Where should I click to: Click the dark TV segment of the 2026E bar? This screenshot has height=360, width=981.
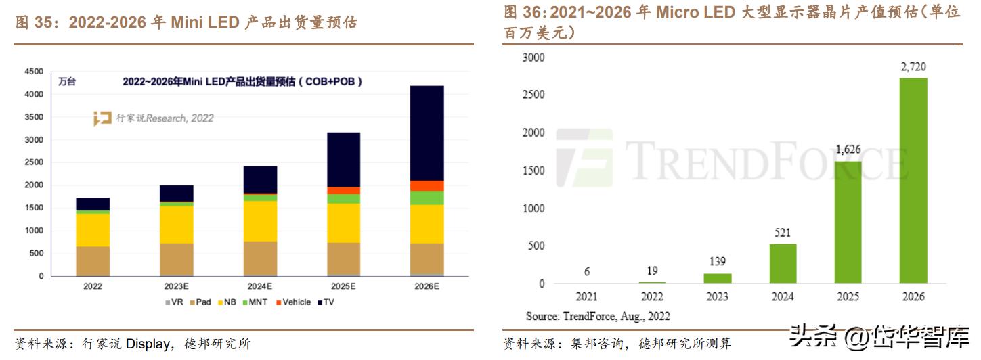[x=427, y=133]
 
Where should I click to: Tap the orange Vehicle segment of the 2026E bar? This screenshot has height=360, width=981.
[x=427, y=186]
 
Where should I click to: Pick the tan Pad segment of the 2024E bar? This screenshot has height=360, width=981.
[x=260, y=258]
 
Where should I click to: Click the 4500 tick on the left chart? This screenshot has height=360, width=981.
[x=34, y=72]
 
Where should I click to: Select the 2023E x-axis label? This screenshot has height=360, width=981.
[x=176, y=286]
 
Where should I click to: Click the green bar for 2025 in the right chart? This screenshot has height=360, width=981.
[x=848, y=222]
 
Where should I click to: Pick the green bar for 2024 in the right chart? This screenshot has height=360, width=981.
[x=783, y=263]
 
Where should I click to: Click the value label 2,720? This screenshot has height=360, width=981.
[x=913, y=66]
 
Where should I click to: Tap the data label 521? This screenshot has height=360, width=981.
[x=783, y=232]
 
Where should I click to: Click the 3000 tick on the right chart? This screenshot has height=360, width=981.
[x=533, y=57]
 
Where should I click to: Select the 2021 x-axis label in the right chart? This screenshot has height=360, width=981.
[x=586, y=296]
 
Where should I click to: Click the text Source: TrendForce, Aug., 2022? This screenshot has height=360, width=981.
[x=598, y=316]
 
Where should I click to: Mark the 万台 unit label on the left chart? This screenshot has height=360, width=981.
[x=67, y=82]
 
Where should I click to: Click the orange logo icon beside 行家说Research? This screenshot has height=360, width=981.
[x=103, y=118]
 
